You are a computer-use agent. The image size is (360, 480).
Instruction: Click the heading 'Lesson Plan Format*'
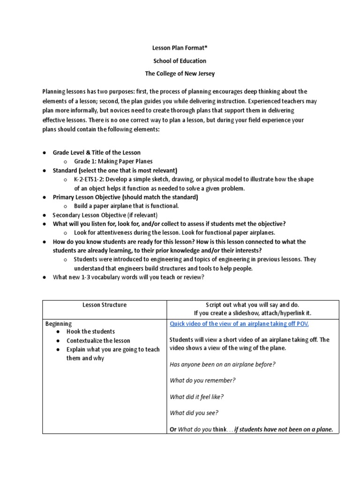(180, 48)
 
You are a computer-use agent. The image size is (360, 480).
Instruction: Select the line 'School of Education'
(180, 61)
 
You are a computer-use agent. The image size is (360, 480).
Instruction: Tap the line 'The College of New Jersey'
(180, 74)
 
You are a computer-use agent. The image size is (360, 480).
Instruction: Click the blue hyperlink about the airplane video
(239, 324)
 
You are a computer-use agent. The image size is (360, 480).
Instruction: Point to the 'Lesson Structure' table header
(105, 305)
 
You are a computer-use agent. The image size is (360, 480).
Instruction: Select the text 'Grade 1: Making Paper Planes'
(113, 162)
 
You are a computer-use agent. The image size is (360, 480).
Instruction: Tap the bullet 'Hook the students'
(90, 332)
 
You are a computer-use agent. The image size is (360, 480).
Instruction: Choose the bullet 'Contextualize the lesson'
(98, 341)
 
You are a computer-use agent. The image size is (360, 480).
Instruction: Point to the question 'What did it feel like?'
(197, 397)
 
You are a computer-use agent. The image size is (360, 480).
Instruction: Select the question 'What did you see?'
(194, 413)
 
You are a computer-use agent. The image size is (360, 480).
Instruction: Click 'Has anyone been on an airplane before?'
(222, 364)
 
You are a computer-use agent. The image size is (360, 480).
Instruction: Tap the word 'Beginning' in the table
(59, 323)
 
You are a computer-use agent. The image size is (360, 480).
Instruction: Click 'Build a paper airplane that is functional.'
(127, 206)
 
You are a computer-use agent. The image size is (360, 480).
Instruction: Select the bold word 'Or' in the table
(173, 429)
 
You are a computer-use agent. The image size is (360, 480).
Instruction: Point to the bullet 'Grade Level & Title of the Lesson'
(97, 153)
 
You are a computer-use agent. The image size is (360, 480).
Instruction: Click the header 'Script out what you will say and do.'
(252, 305)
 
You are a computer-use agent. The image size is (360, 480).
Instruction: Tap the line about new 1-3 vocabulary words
(128, 277)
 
